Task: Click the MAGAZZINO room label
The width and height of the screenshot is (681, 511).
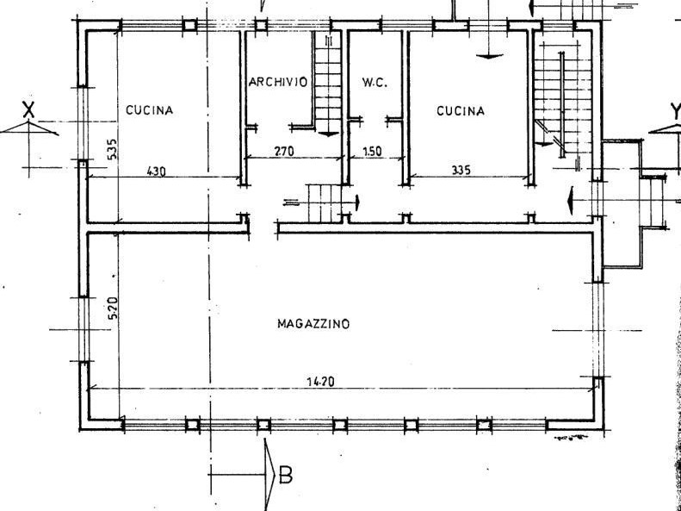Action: coord(313,324)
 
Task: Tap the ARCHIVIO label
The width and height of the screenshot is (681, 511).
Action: coord(278,82)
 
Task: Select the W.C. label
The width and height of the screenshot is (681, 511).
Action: coord(375,82)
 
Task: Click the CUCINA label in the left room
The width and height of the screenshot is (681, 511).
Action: coord(150,110)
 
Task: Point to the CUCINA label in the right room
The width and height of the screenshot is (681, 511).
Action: coord(461,111)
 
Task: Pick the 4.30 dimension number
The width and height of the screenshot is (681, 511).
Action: coord(157,171)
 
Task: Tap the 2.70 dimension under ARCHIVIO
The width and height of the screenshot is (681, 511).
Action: coord(284,151)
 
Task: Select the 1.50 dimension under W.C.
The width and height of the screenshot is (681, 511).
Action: coord(372,151)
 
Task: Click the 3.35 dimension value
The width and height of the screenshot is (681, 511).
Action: coord(461,170)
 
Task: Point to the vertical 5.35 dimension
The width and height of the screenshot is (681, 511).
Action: coord(112,149)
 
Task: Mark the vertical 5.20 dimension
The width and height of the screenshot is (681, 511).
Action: coord(113,308)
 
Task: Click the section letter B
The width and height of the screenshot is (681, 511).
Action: coord(285,475)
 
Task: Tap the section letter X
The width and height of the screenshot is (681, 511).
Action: coord(28,110)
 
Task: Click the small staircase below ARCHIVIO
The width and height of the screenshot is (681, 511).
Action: coord(325,203)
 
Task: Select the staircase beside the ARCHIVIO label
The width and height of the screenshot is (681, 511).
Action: coord(328,83)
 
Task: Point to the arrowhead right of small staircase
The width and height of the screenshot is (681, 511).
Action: coord(357,203)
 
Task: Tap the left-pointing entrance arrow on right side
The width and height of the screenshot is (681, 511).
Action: coord(570,200)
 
